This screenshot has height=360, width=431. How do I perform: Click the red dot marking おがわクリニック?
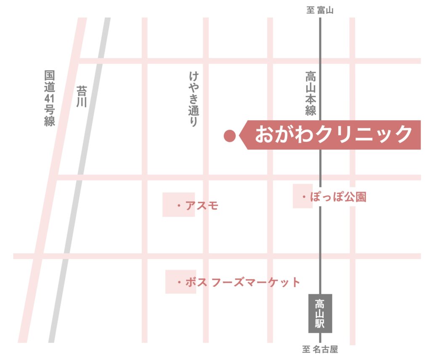pos(229,135)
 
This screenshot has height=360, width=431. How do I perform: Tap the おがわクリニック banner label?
pos(333,135)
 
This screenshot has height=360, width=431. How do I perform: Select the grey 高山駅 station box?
pos(320,313)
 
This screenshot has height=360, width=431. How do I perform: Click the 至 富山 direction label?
pos(320,11)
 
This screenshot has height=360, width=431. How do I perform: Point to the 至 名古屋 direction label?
pos(320,349)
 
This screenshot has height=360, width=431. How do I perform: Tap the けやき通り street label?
pos(193,99)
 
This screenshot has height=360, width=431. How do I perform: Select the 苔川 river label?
pos(81,96)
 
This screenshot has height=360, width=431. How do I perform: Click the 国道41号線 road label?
pos(50,98)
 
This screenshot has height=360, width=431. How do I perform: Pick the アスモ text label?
pos(202,206)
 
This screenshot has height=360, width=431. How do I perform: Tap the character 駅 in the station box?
pos(320,324)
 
